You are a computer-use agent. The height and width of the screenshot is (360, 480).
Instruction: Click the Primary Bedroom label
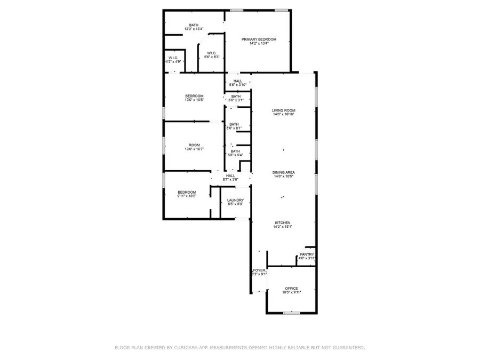(259, 39)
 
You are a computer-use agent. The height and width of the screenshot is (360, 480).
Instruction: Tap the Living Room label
(283, 110)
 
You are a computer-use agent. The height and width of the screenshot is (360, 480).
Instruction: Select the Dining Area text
(283, 172)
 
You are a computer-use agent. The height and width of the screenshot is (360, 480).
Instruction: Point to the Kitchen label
(283, 222)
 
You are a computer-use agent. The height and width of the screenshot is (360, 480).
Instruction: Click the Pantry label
(307, 254)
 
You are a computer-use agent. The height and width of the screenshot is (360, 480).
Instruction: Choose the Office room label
(291, 289)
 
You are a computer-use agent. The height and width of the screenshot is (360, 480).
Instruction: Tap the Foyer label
(259, 270)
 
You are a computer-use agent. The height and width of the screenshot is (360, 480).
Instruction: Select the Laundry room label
(235, 200)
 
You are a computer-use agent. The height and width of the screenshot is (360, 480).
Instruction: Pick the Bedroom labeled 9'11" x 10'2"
(187, 192)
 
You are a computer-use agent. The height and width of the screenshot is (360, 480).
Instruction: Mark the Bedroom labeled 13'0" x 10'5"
(194, 96)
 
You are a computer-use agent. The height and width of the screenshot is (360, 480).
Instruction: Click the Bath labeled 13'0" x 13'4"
(193, 25)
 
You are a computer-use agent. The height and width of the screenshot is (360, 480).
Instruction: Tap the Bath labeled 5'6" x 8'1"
(234, 124)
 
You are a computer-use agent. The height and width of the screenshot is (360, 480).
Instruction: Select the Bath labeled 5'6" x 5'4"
(234, 151)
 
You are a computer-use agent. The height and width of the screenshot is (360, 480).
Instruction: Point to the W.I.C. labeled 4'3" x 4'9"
(173, 58)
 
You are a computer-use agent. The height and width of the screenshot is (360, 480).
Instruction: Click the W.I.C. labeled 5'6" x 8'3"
(209, 53)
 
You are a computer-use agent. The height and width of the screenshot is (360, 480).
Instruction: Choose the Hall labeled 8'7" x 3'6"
(230, 175)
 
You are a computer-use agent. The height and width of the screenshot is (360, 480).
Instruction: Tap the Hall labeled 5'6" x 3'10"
(237, 81)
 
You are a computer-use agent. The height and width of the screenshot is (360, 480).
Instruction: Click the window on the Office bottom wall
(291, 313)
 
